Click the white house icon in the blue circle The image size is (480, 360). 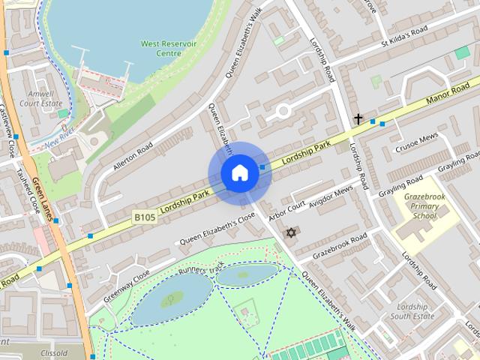[x=239, y=173]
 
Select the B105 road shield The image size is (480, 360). [x=146, y=217]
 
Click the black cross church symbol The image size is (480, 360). [x=358, y=118]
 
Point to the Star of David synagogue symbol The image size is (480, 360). [x=292, y=233]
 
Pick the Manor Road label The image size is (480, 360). [x=447, y=91]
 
